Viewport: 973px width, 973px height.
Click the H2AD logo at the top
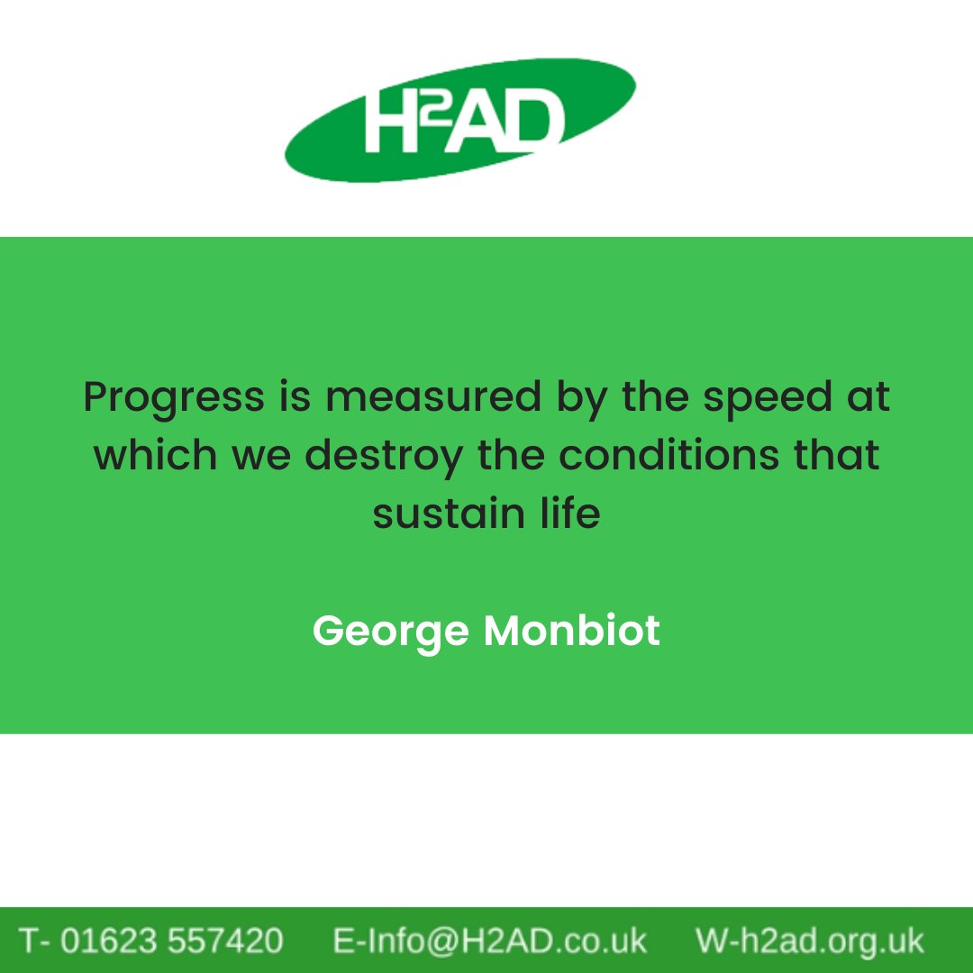pyautogui.click(x=460, y=121)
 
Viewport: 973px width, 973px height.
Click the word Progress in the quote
pyautogui.click(x=174, y=397)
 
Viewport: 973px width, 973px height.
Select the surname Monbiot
pyautogui.click(x=572, y=631)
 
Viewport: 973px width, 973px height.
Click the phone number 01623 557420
pyautogui.click(x=171, y=941)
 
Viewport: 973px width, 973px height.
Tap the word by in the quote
pyautogui.click(x=583, y=397)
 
